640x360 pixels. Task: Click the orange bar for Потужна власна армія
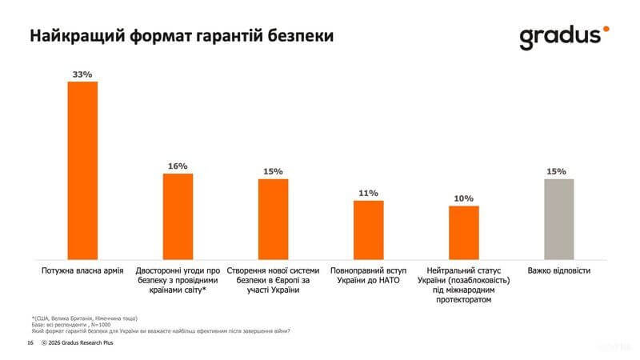pos(82,170)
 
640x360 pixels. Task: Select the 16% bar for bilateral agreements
pos(178,216)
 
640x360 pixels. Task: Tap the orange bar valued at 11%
pos(369,230)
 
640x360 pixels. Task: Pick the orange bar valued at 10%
pos(464,232)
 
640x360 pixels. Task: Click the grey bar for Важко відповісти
pos(559,218)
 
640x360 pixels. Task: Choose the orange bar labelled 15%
pos(273,218)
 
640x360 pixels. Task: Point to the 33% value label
pos(82,74)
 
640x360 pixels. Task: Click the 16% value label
pos(178,166)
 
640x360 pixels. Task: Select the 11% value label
pos(369,193)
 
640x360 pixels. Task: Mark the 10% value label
pos(464,198)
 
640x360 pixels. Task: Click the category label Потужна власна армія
pos(82,271)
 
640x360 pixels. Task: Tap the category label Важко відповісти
pos(559,271)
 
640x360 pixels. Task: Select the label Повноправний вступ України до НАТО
pos(369,276)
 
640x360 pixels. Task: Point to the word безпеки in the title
pos(297,37)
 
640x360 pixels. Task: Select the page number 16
pos(30,342)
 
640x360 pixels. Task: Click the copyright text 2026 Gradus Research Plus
pos(81,342)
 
